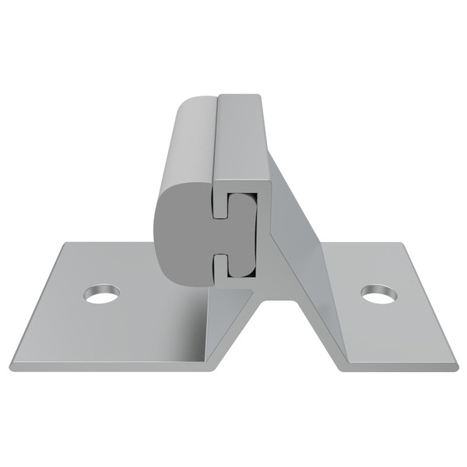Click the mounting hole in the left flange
tap(102, 294)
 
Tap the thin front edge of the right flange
tap(397, 367)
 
